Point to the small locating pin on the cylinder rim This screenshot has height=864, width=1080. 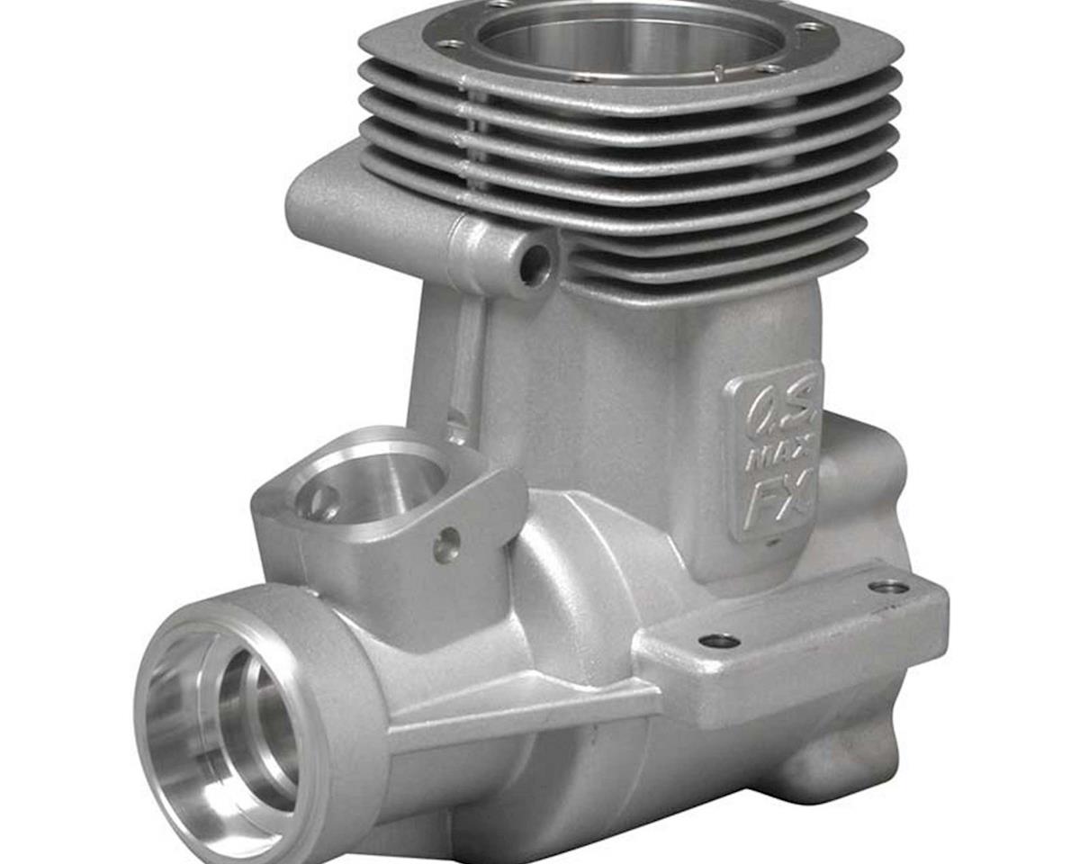720,72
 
